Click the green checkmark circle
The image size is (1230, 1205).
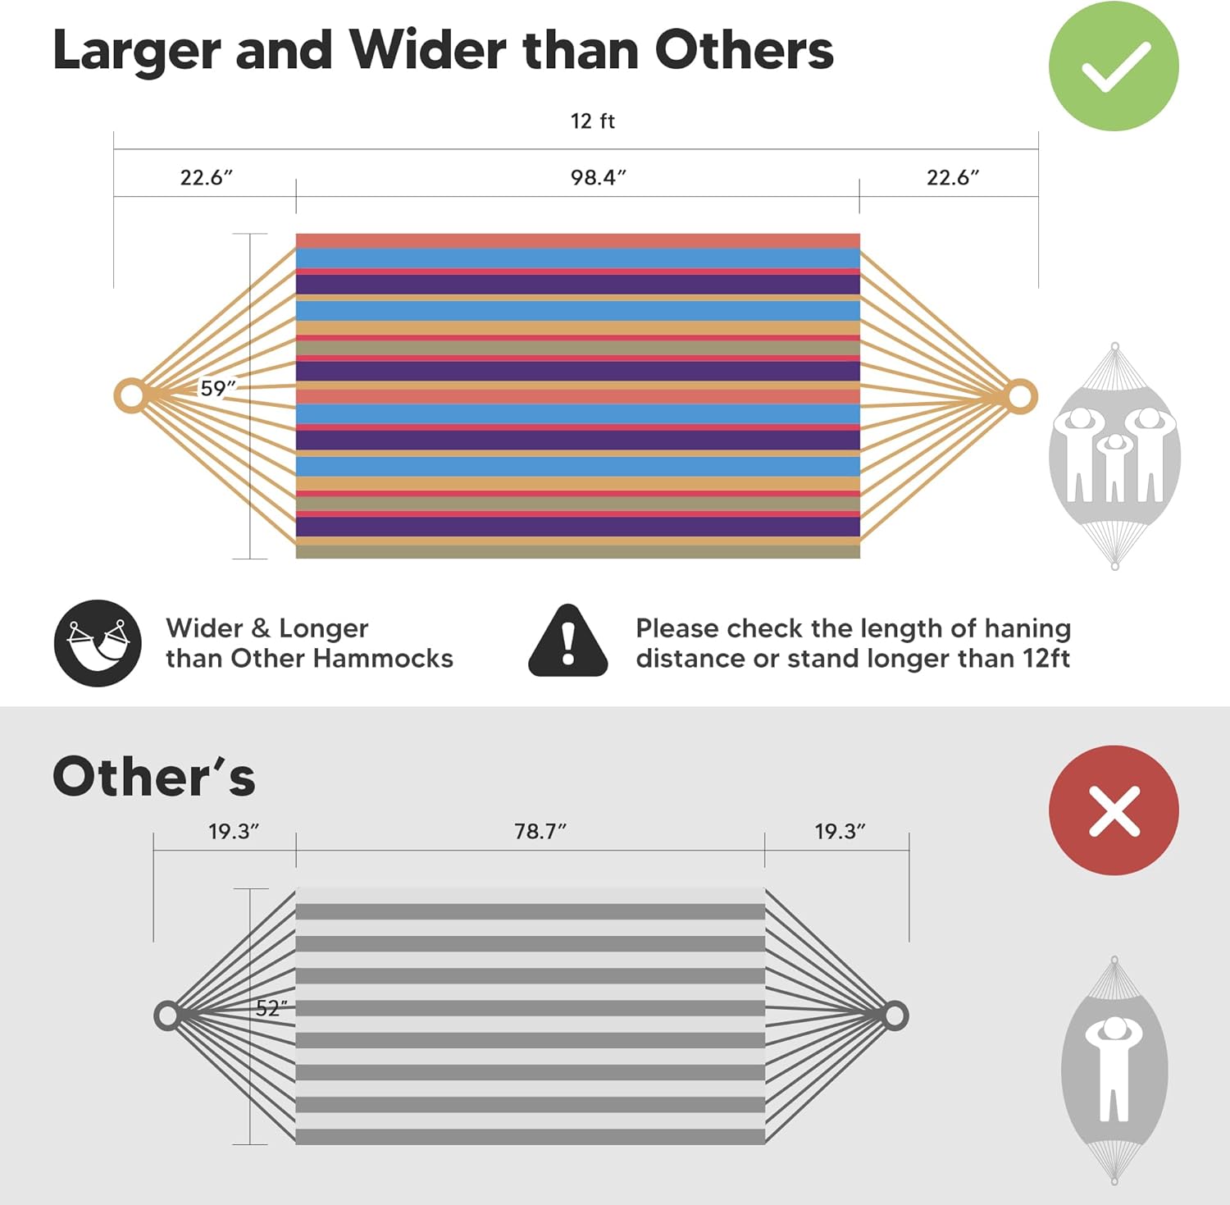(1114, 66)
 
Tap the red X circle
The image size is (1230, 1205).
(1114, 810)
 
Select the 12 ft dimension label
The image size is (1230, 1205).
(592, 121)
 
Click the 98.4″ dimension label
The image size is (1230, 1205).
(599, 177)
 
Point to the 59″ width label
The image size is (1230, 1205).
(218, 388)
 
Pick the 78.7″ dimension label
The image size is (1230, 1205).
(540, 832)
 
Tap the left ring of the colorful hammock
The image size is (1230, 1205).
(130, 396)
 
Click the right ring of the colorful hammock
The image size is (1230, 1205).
(1020, 397)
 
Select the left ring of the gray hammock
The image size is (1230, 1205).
(166, 1016)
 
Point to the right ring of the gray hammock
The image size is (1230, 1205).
(895, 1016)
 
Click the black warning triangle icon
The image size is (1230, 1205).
(567, 641)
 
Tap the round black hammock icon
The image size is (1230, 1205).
(98, 643)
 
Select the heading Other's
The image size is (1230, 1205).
(154, 777)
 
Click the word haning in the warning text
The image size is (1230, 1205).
(1027, 629)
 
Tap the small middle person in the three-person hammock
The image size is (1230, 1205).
(1114, 468)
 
